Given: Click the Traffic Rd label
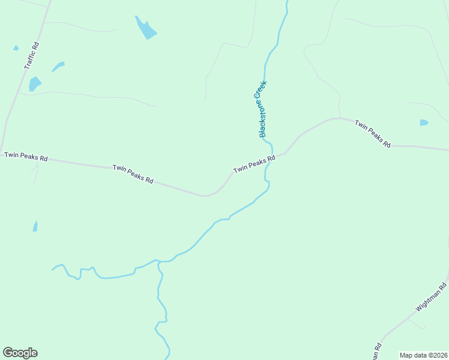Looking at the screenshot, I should [x=32, y=55].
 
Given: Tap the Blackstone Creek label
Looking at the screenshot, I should [x=262, y=109].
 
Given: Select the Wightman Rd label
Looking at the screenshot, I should [x=431, y=298].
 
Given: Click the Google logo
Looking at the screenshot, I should [x=20, y=353].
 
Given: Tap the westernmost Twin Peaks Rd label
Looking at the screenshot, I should [x=26, y=156].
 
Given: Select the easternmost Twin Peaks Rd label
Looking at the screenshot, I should [x=373, y=134].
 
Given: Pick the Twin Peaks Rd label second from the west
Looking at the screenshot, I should [x=133, y=174].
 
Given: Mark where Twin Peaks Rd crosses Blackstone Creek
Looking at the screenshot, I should [x=273, y=155].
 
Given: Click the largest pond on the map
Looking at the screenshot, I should [x=145, y=28].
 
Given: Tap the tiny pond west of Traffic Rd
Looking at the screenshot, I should [x=16, y=48].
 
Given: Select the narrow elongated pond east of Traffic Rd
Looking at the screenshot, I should [x=58, y=66].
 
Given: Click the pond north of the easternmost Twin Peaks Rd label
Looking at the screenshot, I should [x=424, y=122].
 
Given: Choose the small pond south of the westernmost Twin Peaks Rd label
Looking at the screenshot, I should [x=35, y=226].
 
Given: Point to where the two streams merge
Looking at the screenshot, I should [x=158, y=262].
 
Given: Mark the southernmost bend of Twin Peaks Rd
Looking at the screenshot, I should [x=206, y=196].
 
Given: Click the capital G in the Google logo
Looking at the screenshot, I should [x=8, y=353].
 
